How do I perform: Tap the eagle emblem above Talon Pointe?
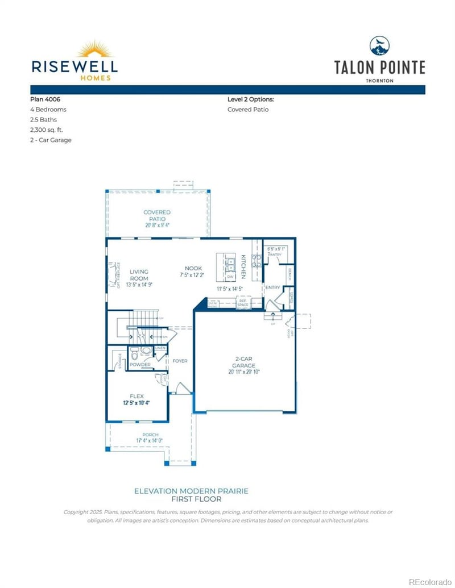pyautogui.click(x=379, y=45)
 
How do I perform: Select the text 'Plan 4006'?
pyautogui.click(x=45, y=99)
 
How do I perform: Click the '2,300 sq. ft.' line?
pyautogui.click(x=46, y=130)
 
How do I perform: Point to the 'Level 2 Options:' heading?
pyautogui.click(x=250, y=99)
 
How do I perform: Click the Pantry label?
pyautogui.click(x=276, y=255)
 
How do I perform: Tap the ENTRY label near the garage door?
pyautogui.click(x=272, y=287)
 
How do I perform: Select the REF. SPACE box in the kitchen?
pyautogui.click(x=243, y=305)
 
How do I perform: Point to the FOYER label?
pyautogui.click(x=180, y=361)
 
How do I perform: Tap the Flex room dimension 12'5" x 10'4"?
pyautogui.click(x=136, y=402)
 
